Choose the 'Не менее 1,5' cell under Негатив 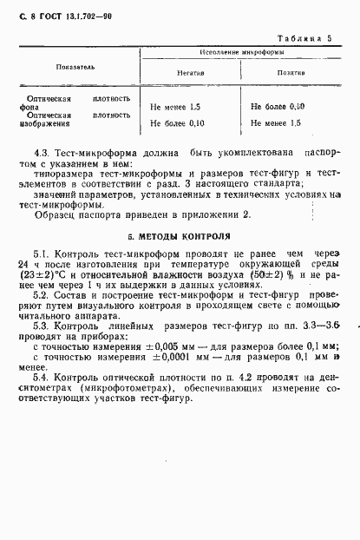coord(175,106)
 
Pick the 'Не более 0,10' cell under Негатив coord(178,123)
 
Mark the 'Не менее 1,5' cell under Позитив coord(276,123)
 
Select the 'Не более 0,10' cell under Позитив coord(278,106)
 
